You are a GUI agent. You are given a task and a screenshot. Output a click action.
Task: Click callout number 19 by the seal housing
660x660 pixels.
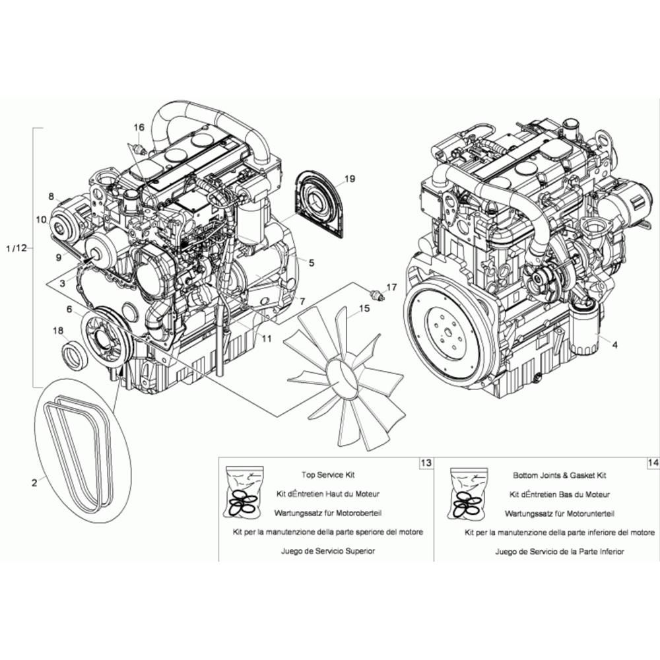tap(349, 179)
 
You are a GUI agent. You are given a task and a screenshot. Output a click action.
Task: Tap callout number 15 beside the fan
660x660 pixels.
tap(364, 308)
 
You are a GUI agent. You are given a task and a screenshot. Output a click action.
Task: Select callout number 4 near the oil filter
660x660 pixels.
tap(615, 345)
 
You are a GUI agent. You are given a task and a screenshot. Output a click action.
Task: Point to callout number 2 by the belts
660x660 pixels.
tap(34, 483)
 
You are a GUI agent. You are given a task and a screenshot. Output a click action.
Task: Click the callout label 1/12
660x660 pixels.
tap(16, 248)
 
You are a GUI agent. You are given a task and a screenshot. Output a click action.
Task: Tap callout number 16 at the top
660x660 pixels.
tap(139, 127)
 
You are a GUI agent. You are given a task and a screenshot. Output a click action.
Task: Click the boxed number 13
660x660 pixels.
tap(426, 463)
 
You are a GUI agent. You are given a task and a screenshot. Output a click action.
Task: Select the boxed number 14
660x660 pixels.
tap(653, 463)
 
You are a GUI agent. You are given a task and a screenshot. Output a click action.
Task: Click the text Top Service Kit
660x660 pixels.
tap(328, 475)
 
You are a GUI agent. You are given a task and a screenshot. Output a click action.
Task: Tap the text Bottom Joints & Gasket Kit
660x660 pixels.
tap(560, 475)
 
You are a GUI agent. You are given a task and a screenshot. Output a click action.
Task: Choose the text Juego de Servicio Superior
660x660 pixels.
tap(328, 551)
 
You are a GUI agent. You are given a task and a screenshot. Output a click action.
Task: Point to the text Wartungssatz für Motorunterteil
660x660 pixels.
tap(560, 513)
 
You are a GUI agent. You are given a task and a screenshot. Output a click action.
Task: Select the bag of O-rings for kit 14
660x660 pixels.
tap(469, 492)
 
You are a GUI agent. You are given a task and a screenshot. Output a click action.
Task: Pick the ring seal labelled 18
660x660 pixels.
tap(75, 356)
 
